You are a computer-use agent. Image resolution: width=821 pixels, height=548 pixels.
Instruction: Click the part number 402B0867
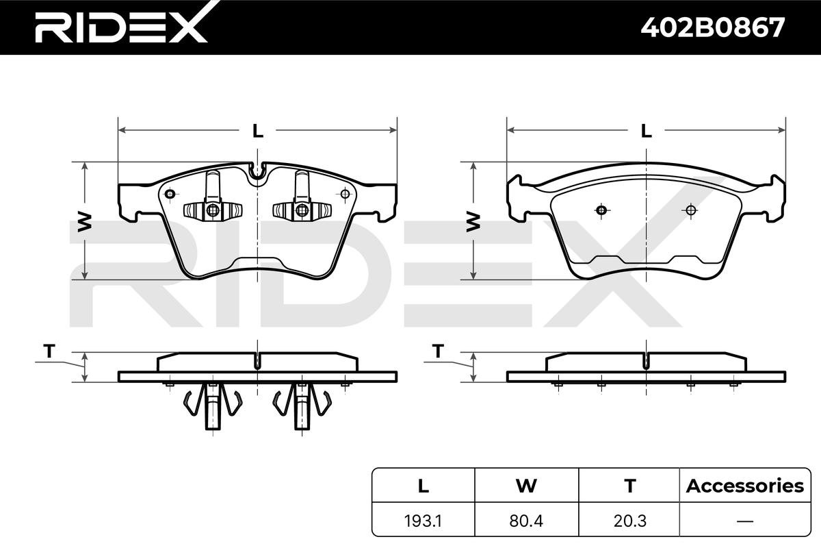tap(712, 27)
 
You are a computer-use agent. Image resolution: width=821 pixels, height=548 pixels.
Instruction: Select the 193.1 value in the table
tap(423, 521)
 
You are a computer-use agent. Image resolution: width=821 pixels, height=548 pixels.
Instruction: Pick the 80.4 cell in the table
tap(526, 521)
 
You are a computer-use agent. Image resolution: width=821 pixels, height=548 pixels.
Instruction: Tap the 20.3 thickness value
tap(629, 521)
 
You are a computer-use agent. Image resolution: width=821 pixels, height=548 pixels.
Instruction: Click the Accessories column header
tap(745, 486)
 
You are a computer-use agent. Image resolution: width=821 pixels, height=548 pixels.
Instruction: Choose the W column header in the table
tap(526, 486)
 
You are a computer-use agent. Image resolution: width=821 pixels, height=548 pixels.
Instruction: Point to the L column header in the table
tap(423, 486)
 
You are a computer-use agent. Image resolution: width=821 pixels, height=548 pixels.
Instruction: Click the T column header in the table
tap(630, 486)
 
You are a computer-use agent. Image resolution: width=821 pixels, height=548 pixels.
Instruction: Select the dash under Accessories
tap(745, 521)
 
